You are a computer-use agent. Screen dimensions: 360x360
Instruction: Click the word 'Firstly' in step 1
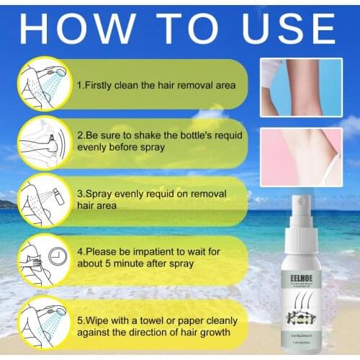(x=102, y=85)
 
